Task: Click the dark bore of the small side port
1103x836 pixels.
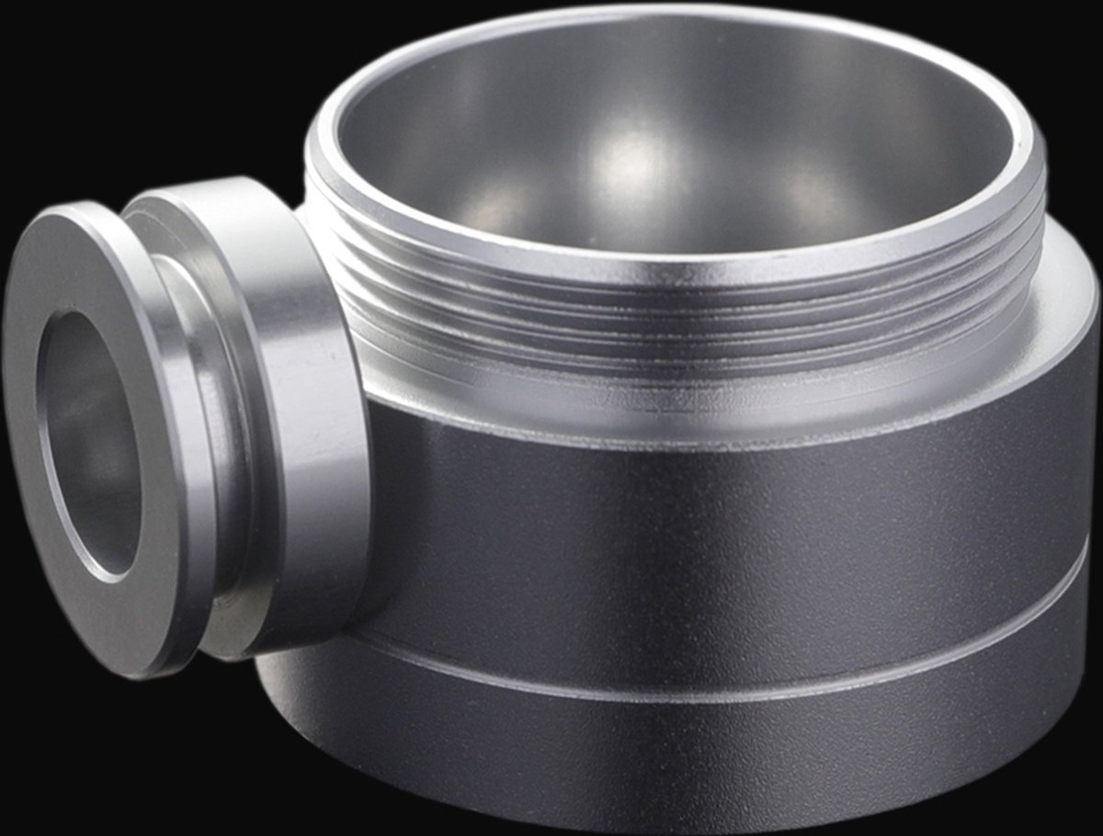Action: coord(87,441)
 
